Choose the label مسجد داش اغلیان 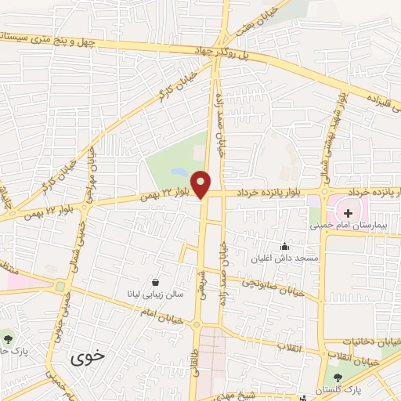point(285,258)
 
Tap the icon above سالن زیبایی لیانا point(156,282)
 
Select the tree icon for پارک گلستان point(338,378)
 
